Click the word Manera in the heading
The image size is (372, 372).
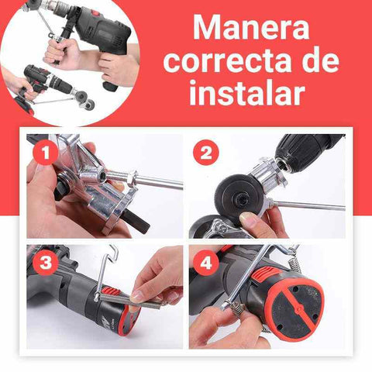click(x=251, y=28)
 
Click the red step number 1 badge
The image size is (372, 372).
click(x=46, y=153)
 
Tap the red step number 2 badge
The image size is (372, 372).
click(x=206, y=153)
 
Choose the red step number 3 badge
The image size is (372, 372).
click(x=46, y=263)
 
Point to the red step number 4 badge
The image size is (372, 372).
click(x=206, y=263)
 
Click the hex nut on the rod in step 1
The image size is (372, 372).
click(x=132, y=177)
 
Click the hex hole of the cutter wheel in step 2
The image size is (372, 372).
click(x=238, y=198)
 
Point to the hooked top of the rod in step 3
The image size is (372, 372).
click(x=112, y=251)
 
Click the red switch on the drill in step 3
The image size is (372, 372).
click(x=112, y=292)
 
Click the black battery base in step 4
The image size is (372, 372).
click(x=295, y=309)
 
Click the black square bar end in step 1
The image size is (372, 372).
click(x=137, y=222)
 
